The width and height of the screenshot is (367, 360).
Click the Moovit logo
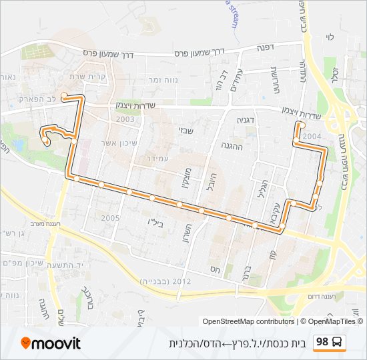(51, 343)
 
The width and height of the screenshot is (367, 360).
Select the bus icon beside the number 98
(338, 343)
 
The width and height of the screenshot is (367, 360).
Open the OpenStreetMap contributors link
(248, 322)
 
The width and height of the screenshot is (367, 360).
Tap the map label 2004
(311, 136)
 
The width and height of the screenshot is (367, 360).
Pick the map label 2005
(110, 218)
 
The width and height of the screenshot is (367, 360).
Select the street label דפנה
(266, 49)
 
